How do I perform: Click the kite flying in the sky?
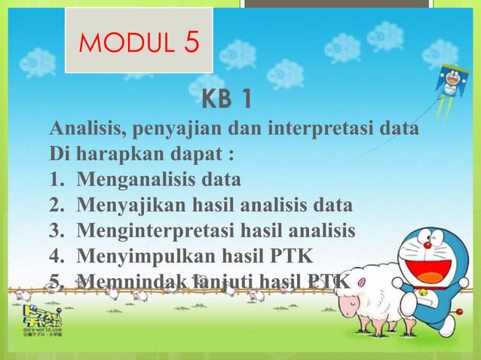click(452, 81)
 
